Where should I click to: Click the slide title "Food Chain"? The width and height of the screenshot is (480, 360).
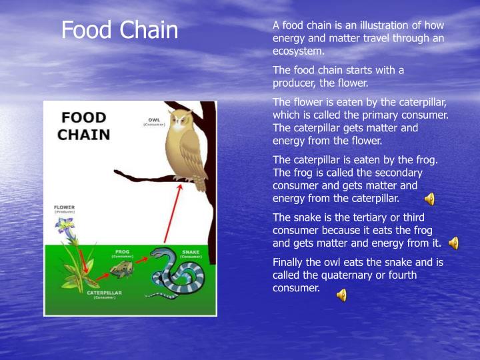pyautogui.click(x=120, y=30)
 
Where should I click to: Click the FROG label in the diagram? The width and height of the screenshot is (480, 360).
pyautogui.click(x=122, y=253)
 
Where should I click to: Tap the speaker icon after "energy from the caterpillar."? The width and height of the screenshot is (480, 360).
pyautogui.click(x=429, y=199)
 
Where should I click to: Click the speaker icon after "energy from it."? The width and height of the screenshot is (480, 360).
pyautogui.click(x=453, y=243)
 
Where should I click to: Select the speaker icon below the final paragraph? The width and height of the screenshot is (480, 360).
pyautogui.click(x=341, y=295)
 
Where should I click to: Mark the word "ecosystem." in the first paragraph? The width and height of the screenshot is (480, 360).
pyautogui.click(x=298, y=51)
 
